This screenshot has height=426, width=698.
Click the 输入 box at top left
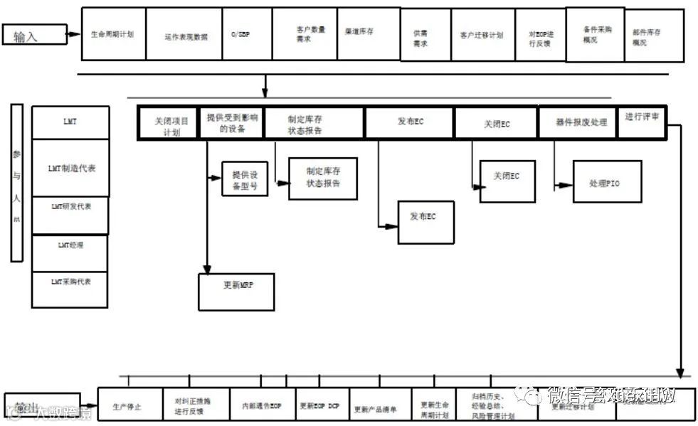tap(34, 35)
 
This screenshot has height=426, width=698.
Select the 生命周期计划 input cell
tap(113, 34)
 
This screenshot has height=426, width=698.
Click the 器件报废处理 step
tap(581, 122)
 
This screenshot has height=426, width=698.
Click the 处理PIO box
tap(607, 183)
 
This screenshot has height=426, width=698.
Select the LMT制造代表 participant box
tap(70, 169)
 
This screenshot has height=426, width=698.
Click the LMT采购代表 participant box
tap(70, 282)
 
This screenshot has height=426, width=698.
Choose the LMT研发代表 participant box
tap(70, 207)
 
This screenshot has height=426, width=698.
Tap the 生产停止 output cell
tap(129, 406)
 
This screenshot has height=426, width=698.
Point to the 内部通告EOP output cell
tap(261, 406)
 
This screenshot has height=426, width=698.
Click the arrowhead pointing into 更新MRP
tap(207, 270)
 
